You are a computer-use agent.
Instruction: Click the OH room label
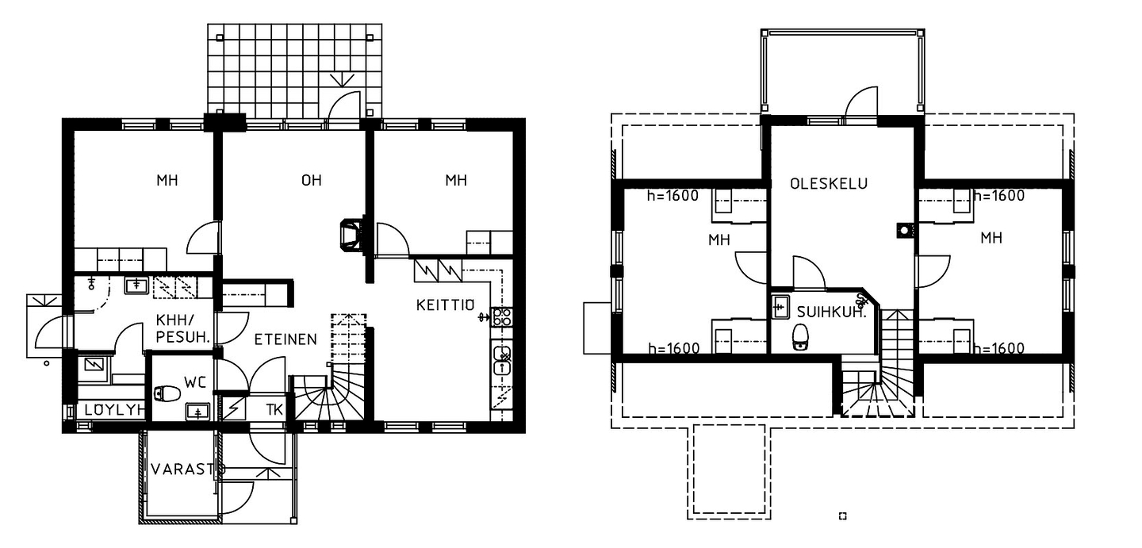pos(311,181)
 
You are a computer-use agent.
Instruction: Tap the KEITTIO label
pos(445,305)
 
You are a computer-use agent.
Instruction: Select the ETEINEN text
pos(285,339)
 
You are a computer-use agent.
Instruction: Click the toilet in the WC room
pos(167,393)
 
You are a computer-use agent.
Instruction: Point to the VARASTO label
pos(188,469)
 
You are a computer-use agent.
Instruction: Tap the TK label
pos(274,410)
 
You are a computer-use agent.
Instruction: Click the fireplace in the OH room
pos(351,235)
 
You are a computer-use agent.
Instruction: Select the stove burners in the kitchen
pos(501,316)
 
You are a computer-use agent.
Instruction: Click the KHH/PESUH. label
pos(182,328)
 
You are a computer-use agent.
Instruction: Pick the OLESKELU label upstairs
pos(829,183)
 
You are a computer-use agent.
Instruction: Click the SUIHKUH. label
pos(831,312)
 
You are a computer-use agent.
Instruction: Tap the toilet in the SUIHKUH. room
pos(801,338)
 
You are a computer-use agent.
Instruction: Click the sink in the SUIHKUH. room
pos(780,307)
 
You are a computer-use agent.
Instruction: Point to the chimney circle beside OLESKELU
pos(904,231)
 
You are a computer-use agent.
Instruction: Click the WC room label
pos(195,382)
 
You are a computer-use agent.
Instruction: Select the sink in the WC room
pos(197,411)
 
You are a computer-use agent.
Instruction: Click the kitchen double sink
pos(502,360)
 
